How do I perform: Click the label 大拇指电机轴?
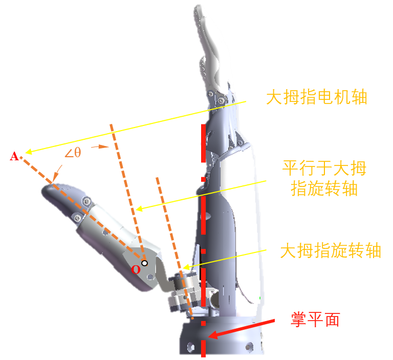[317, 97]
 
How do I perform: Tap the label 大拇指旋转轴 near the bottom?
[331, 251]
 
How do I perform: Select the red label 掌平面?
[315, 320]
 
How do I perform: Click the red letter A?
[14, 156]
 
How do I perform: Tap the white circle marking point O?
[145, 263]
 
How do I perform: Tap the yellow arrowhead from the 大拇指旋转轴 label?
[186, 267]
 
